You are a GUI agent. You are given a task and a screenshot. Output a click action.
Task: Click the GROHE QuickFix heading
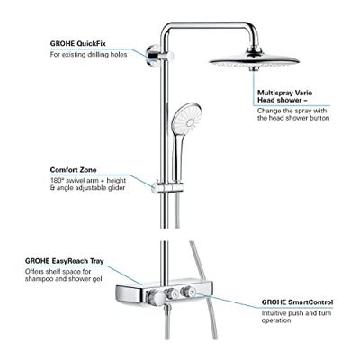78,44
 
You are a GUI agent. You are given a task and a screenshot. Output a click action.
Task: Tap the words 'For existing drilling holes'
88,55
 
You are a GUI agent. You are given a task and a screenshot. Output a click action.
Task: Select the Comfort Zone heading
73,170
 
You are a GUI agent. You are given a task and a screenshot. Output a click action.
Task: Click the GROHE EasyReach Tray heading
65,261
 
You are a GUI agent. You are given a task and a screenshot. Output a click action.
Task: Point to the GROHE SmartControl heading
297,302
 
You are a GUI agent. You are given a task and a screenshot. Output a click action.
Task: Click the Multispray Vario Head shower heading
284,96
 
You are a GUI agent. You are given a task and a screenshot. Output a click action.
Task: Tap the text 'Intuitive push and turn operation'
296,317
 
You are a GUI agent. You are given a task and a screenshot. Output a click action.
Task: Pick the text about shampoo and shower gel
64,275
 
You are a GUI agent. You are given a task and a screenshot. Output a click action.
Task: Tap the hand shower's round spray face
188,118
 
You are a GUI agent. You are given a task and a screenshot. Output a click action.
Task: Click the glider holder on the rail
167,187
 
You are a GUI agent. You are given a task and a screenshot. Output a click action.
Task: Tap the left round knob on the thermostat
155,297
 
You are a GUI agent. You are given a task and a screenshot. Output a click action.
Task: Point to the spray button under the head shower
254,69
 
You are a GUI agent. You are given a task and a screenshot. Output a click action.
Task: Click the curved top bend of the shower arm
168,28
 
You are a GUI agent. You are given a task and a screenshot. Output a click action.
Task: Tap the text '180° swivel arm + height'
88,181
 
